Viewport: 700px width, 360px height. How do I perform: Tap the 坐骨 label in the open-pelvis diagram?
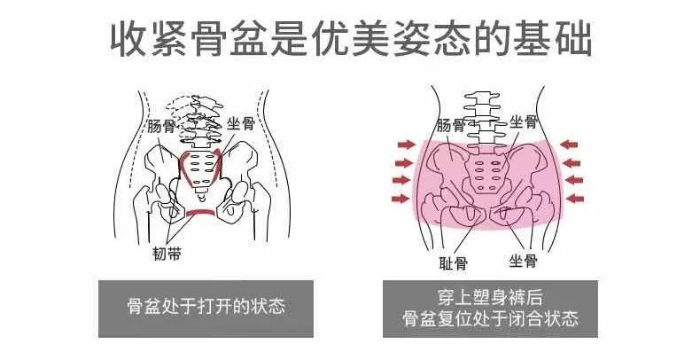(240, 125)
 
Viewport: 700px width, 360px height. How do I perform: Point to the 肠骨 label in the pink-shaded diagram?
(451, 126)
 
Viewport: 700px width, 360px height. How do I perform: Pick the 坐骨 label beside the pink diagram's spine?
(523, 122)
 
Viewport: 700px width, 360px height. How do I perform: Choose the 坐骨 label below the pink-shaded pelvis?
(522, 261)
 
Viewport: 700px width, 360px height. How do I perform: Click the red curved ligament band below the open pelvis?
(202, 214)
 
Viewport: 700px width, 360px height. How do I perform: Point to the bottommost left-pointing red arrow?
(575, 198)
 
